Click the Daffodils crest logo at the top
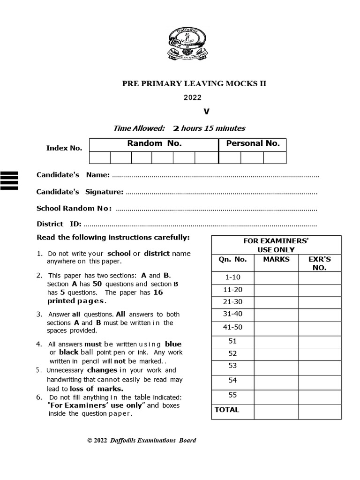click(187, 45)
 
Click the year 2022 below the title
click(193, 97)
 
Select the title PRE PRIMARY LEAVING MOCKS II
click(194, 84)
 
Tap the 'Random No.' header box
click(154, 144)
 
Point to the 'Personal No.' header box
click(253, 144)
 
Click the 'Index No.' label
click(64, 148)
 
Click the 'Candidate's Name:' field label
click(73, 175)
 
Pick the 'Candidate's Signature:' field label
click(80, 192)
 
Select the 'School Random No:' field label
click(74, 208)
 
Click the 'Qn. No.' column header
click(232, 259)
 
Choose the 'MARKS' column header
click(276, 259)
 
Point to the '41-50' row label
click(233, 327)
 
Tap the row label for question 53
click(233, 366)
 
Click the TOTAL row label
click(227, 410)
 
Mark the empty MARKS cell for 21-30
click(276, 302)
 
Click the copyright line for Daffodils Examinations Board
click(142, 440)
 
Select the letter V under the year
click(206, 112)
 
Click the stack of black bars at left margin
click(10, 180)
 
